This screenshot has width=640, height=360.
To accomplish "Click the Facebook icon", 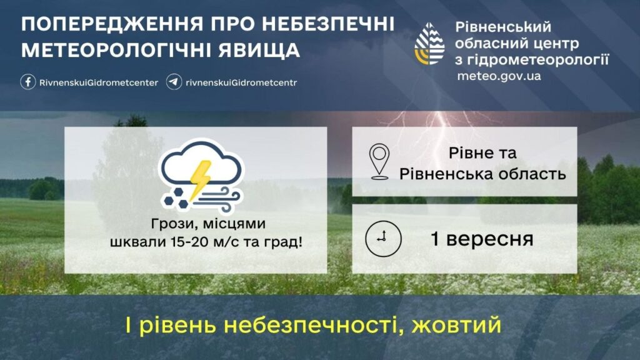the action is (x=28, y=82).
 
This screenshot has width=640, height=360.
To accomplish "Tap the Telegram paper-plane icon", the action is (x=174, y=82).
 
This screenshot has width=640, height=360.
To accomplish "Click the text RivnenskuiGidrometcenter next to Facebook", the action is (x=99, y=82).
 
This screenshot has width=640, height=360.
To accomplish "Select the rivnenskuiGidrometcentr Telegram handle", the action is (x=241, y=82).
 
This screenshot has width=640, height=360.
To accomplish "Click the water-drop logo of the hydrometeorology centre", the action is (x=429, y=44).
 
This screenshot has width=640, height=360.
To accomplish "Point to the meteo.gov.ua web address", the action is (x=499, y=76).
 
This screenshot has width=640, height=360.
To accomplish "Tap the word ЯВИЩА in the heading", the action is (x=259, y=50).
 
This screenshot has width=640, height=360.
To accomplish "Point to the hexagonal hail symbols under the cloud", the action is (x=176, y=198).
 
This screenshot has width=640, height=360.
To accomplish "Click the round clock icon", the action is (x=383, y=239).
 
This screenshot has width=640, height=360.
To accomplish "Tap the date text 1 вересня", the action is (x=482, y=239).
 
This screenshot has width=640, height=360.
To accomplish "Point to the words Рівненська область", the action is (x=483, y=174).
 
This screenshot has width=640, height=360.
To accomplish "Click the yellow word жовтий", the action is (x=456, y=325).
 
